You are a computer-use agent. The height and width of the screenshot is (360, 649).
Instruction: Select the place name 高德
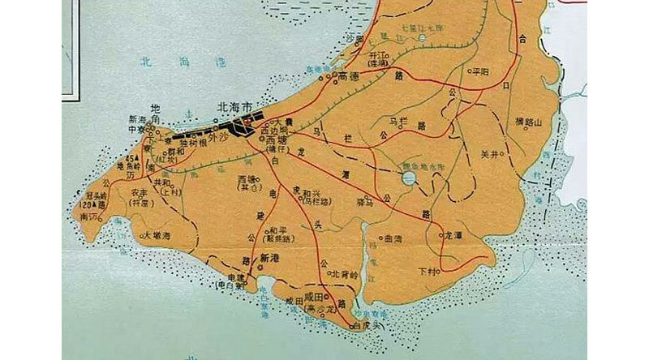(349, 76)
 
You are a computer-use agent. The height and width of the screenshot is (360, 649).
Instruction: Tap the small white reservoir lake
(409, 177)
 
